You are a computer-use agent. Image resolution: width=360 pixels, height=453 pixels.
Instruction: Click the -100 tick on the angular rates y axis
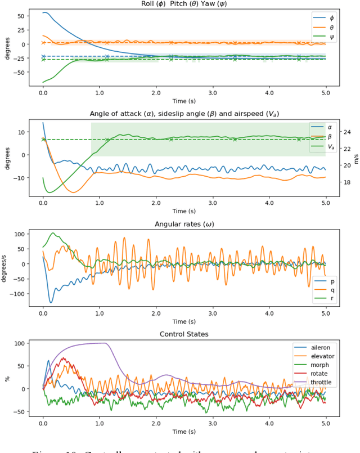(22, 294)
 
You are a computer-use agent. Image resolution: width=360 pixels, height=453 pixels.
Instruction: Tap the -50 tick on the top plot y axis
(22, 72)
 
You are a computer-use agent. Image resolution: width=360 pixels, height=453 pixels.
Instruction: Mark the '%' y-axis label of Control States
(8, 379)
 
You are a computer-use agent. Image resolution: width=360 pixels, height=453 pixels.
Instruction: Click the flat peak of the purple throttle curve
(96, 343)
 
